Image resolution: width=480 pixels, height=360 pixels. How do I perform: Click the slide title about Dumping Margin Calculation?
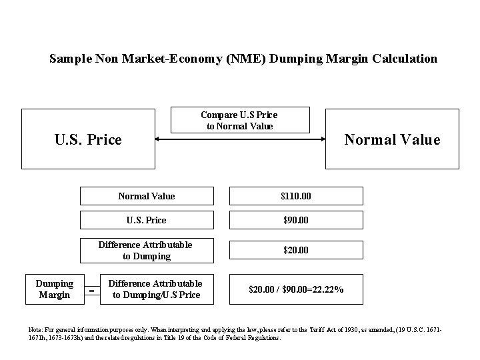pos(243,59)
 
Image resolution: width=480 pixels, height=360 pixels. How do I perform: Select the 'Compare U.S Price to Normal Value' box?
pos(239,121)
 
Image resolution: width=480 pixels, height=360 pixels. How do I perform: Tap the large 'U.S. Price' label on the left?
pos(88,139)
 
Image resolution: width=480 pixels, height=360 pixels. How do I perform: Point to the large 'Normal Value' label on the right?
pos(391,139)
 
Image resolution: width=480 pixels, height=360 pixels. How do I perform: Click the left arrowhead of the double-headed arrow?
pos(158,139)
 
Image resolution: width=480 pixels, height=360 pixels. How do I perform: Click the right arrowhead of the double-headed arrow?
pos(327,139)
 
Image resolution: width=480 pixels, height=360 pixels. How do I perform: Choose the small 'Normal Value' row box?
pos(147,196)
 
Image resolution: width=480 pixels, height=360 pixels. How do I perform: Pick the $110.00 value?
pos(297,196)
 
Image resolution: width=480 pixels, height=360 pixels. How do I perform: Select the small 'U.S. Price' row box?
pos(147,220)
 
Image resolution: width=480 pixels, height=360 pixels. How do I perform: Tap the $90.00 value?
pos(297,220)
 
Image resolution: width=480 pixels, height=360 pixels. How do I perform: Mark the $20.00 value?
pos(297,251)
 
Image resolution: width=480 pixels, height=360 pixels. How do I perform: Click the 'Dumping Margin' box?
pos(55,289)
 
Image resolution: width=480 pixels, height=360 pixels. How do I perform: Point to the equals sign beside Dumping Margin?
pos(91,290)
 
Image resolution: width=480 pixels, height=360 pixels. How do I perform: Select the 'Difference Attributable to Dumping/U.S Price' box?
pos(155,289)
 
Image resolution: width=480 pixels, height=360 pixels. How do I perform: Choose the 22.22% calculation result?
pos(296,289)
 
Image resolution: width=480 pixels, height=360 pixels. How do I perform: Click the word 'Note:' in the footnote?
pos(36,330)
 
